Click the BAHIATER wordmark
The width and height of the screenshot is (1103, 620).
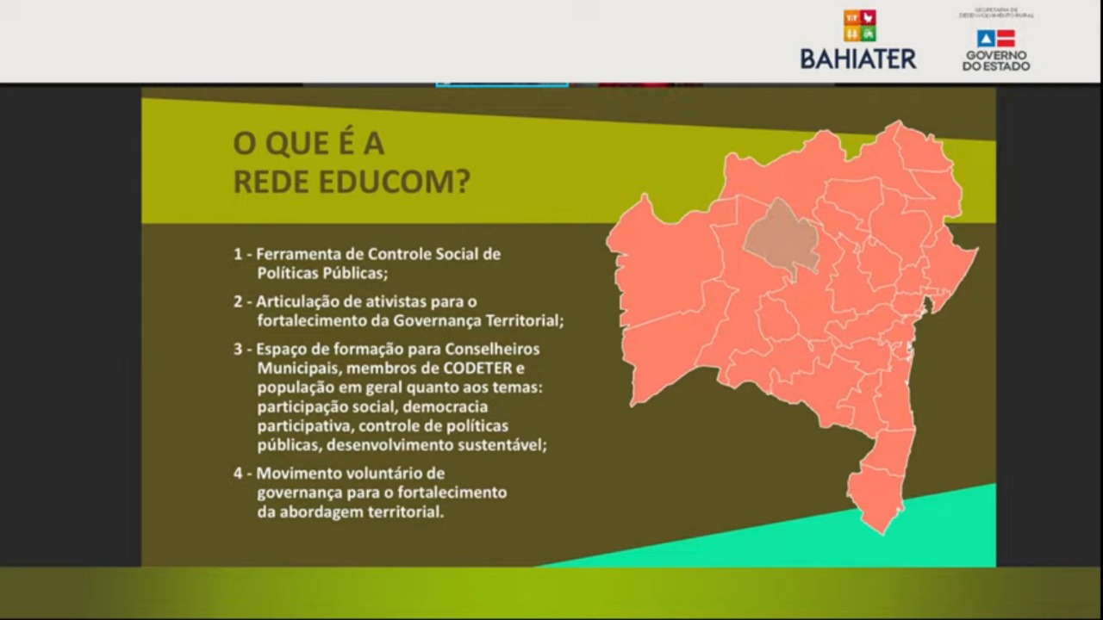(858, 59)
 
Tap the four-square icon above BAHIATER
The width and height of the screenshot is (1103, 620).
(860, 26)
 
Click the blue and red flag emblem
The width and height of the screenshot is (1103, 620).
(996, 39)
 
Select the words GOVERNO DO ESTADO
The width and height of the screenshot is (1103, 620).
(996, 60)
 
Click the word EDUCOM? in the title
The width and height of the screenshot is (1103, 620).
(395, 182)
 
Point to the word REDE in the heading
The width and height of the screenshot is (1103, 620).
(271, 182)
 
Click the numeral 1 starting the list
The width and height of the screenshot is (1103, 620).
(238, 254)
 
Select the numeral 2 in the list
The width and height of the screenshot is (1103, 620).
(238, 301)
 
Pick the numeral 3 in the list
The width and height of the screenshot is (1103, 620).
(238, 350)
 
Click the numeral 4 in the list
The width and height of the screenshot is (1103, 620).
(238, 474)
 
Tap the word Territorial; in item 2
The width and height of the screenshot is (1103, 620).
(525, 321)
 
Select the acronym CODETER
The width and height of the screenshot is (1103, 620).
(477, 369)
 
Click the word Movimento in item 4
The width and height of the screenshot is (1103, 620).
(299, 474)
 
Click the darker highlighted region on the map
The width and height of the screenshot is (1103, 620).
(781, 239)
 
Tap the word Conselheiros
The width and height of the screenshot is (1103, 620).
(492, 350)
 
